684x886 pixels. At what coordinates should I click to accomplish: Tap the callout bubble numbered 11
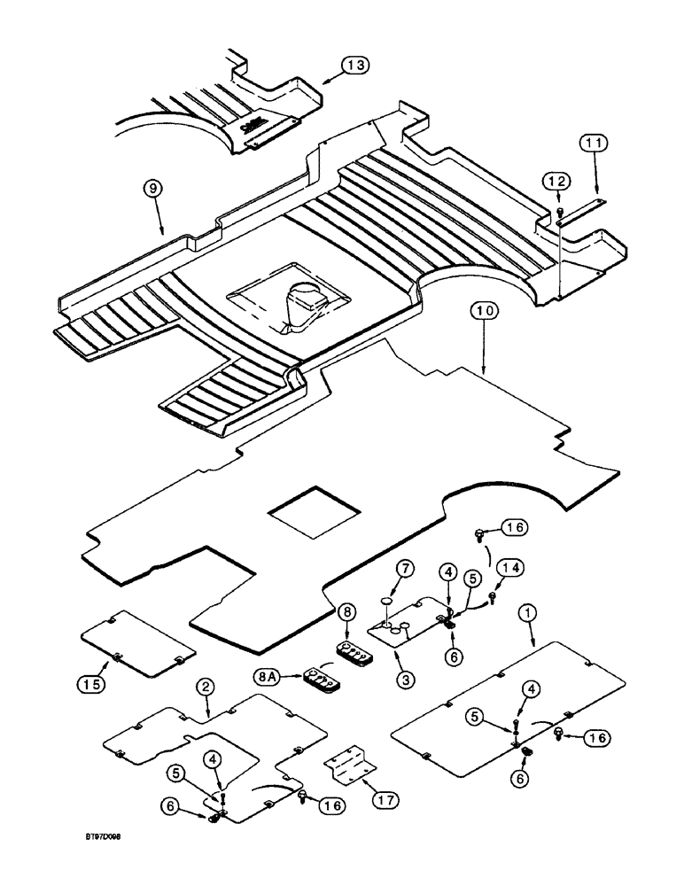pos(594,142)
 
